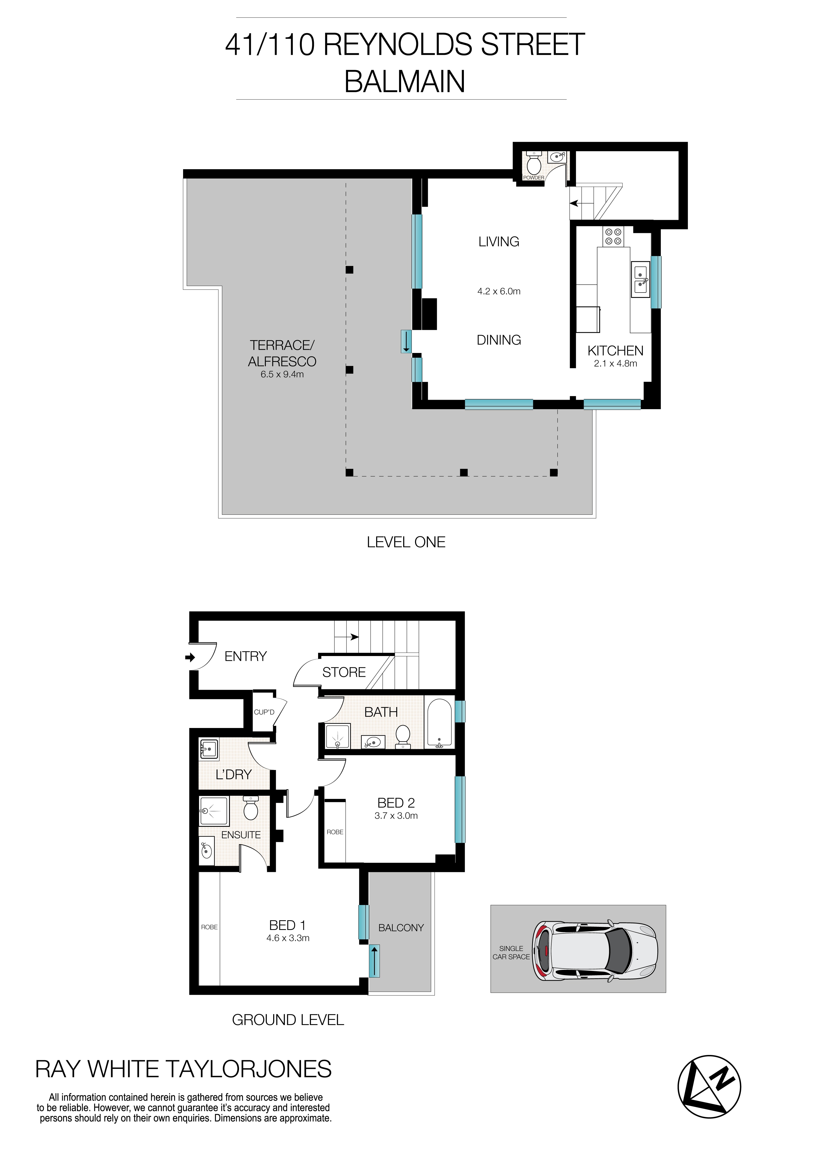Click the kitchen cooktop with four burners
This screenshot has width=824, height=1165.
(x=613, y=236)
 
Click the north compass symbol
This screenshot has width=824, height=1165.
(x=709, y=1086)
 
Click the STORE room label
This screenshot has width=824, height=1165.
(x=344, y=672)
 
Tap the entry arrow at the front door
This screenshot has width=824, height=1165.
(x=190, y=658)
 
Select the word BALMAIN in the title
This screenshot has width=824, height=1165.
(x=405, y=81)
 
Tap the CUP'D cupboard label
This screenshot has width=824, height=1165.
(x=264, y=712)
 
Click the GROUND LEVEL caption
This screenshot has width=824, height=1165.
(x=288, y=1020)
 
